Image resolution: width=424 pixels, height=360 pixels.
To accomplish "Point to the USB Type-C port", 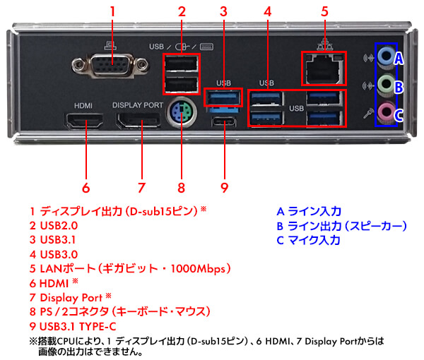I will [x=224, y=127].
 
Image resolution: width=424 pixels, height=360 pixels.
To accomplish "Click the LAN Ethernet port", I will [x=323, y=68].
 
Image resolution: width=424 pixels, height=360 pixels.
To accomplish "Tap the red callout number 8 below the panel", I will [x=181, y=188].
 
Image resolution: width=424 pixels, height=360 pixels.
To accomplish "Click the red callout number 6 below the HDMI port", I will [x=86, y=188].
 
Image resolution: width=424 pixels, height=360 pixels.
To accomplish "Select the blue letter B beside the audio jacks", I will [x=399, y=87].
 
